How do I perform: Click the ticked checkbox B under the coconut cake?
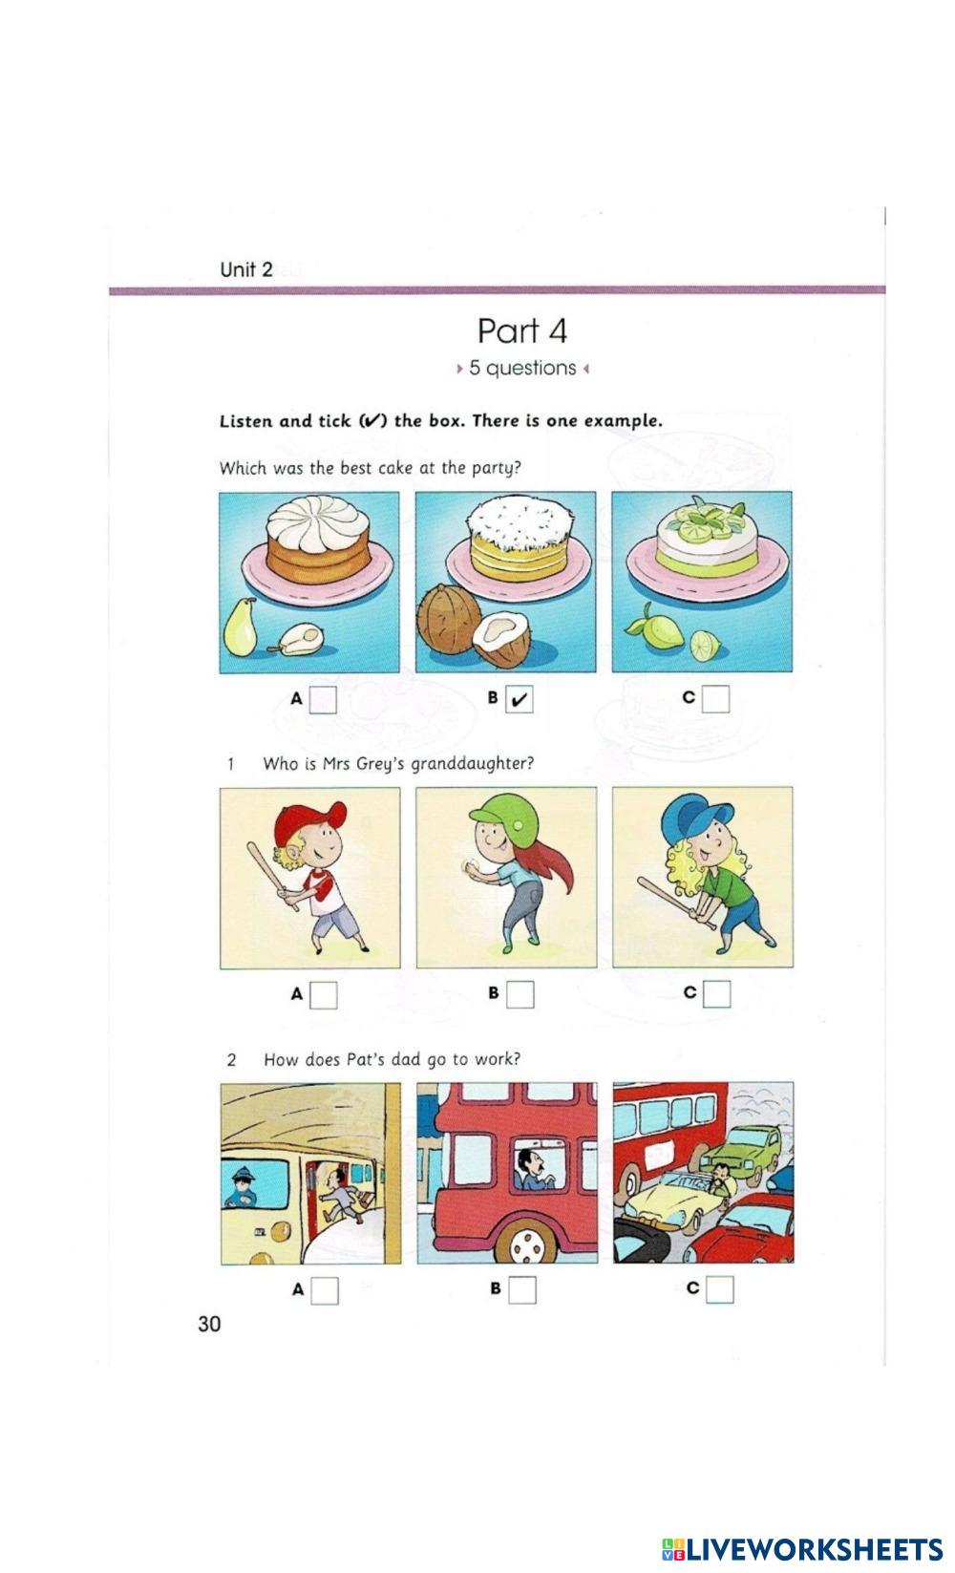pos(519,699)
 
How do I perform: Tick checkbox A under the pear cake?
pos(323,699)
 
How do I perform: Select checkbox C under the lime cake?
pos(715,699)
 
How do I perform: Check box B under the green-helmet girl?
pos(520,994)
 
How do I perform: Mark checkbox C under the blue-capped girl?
pos(717,994)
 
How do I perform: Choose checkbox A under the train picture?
pos(325,1290)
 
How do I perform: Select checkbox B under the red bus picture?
pos(522,1290)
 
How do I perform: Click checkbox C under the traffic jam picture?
pos(720,1289)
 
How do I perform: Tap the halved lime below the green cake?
pos(705,646)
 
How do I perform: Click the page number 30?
pos(209,1325)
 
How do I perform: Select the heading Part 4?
pos(521,330)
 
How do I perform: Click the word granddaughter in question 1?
pos(472,764)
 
